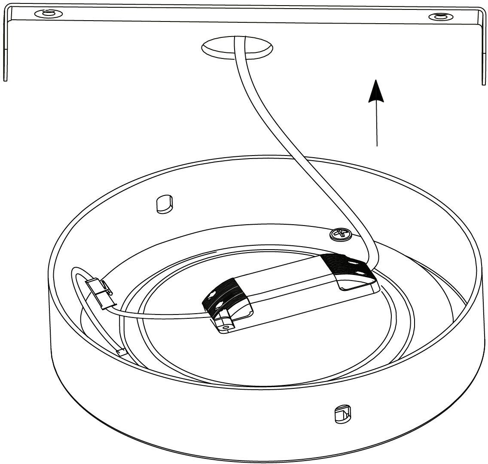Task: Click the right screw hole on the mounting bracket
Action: [x=440, y=17]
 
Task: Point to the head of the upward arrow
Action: [x=376, y=91]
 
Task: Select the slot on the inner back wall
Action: [x=165, y=204]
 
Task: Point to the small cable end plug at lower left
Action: [x=122, y=352]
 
